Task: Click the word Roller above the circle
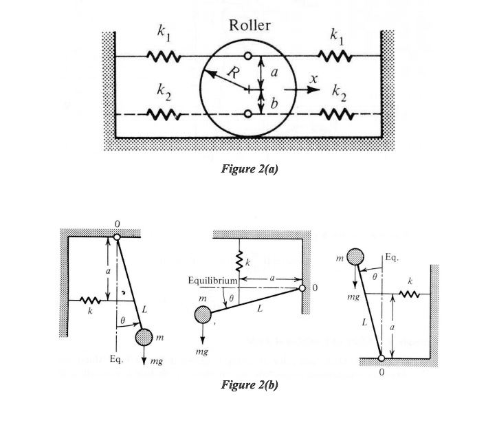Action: pos(250,26)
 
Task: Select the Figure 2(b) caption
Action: pos(249,386)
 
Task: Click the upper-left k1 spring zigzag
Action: pos(165,56)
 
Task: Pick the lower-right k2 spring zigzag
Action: pos(338,113)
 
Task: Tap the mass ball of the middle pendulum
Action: pos(203,315)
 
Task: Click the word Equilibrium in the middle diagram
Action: pos(212,281)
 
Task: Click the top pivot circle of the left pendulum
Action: pos(117,237)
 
